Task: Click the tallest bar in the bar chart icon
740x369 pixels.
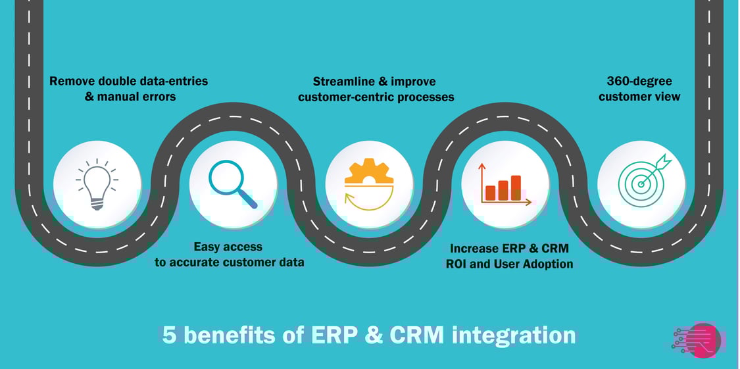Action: (516, 187)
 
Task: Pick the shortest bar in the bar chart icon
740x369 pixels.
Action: (490, 193)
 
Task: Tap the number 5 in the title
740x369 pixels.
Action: (170, 335)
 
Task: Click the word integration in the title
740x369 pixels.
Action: (514, 335)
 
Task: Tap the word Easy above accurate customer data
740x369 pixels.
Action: (207, 247)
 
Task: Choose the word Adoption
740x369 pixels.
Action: (547, 264)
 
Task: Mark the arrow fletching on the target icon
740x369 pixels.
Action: (667, 159)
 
